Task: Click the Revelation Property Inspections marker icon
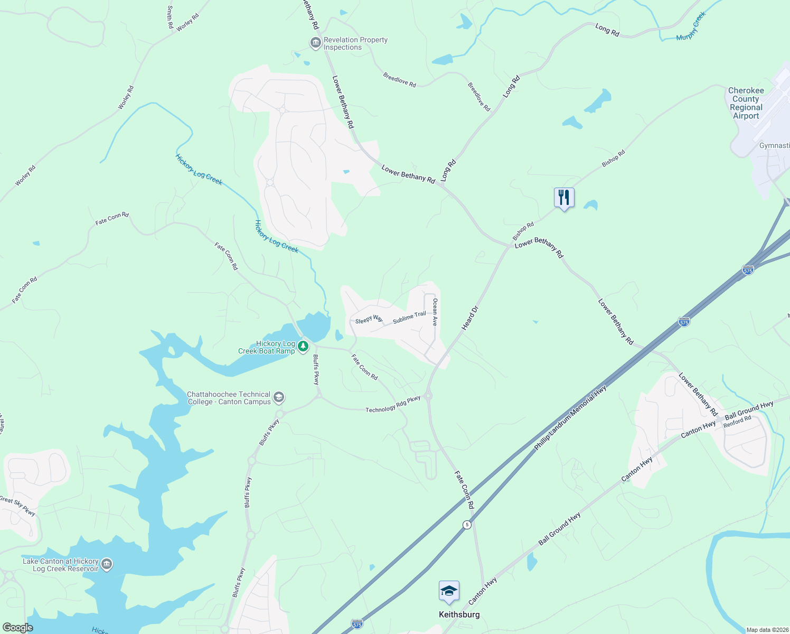coord(315,43)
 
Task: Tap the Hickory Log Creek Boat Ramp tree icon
coord(303,347)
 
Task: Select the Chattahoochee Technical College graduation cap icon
coord(279,397)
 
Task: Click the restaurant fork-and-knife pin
coord(564,198)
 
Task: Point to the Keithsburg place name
coord(459,614)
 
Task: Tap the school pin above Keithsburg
coord(449,592)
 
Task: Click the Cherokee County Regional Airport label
coord(746,103)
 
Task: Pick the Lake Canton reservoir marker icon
coord(106,564)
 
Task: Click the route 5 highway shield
coord(467,525)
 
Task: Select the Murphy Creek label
coord(691,27)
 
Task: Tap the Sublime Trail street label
coord(409,318)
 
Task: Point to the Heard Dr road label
coord(469,318)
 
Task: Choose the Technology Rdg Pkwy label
coord(393,404)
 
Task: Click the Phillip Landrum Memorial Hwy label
coord(570,417)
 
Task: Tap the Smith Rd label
coord(170,17)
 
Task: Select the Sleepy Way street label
coord(369,320)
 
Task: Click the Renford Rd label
coord(737,421)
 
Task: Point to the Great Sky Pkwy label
coord(17,506)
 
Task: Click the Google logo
coord(17,627)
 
